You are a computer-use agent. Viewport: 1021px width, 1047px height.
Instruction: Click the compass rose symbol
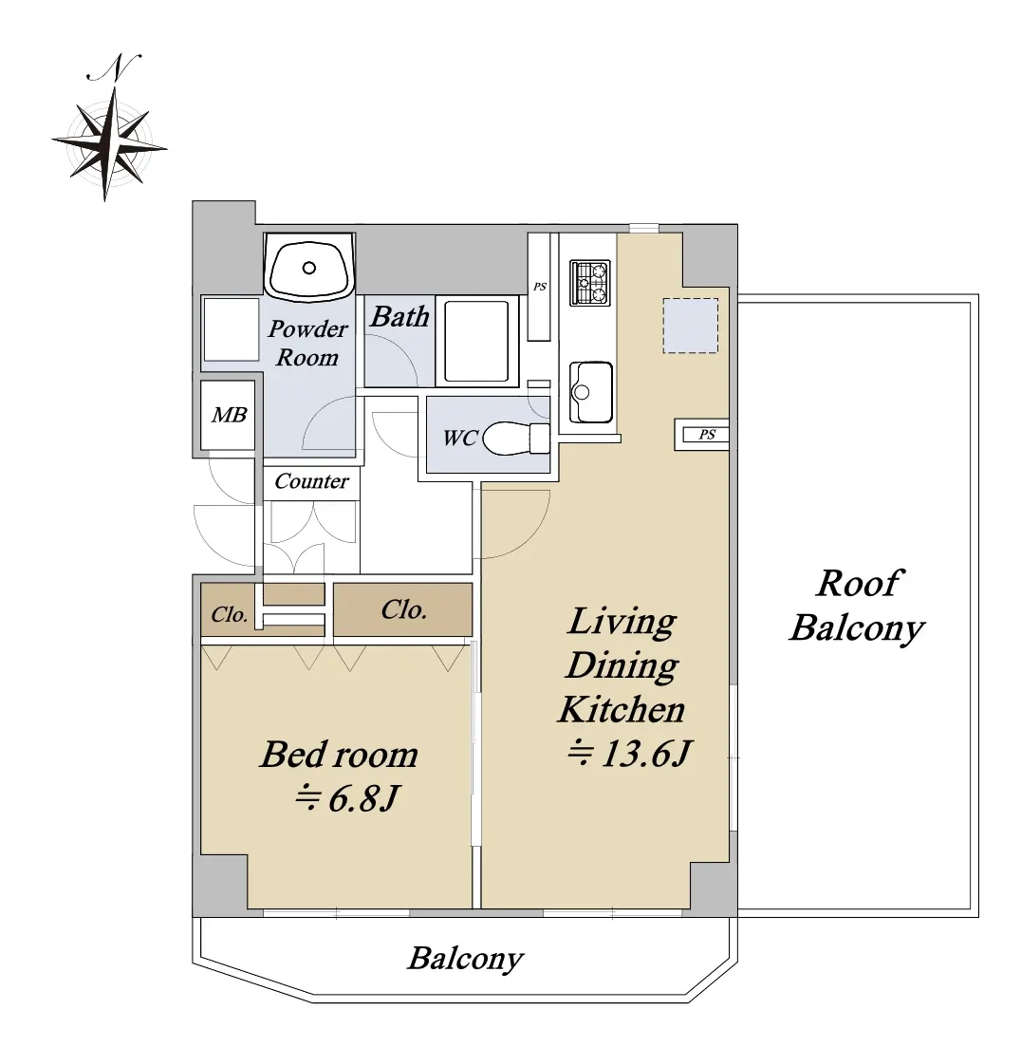[x=108, y=143]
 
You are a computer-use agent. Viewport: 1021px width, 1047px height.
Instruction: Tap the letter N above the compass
[x=115, y=67]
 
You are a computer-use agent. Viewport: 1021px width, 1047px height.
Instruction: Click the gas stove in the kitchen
[x=590, y=283]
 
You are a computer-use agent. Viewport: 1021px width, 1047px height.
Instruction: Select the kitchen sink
[x=590, y=393]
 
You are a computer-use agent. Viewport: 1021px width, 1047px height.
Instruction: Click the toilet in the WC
[x=515, y=438]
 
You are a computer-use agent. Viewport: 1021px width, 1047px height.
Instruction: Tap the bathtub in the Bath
[x=476, y=341]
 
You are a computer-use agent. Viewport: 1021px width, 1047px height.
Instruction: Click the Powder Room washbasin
[x=309, y=267]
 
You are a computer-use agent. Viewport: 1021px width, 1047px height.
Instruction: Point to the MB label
[x=230, y=416]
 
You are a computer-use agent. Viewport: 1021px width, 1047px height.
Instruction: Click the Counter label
[x=311, y=480]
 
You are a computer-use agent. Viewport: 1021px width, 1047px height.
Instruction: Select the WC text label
[x=460, y=438]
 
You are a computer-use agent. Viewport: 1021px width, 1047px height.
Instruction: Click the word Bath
[x=399, y=316]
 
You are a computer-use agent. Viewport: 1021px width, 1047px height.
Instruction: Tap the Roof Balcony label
[x=858, y=606]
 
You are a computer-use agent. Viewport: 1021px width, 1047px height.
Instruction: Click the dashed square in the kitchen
[x=690, y=326]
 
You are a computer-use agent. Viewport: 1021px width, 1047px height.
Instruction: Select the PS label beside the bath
[x=540, y=287]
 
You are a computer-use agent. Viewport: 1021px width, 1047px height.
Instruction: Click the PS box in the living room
[x=701, y=435]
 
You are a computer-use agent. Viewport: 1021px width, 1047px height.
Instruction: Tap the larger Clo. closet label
[x=403, y=609]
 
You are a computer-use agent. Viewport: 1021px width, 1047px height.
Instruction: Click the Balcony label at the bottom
[x=466, y=959]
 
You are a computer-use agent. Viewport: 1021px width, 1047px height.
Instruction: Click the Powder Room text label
[x=307, y=343]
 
